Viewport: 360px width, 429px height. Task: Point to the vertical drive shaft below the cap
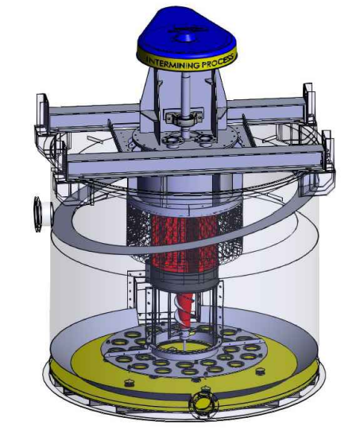(183, 91)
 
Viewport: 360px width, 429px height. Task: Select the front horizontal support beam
(191, 164)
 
